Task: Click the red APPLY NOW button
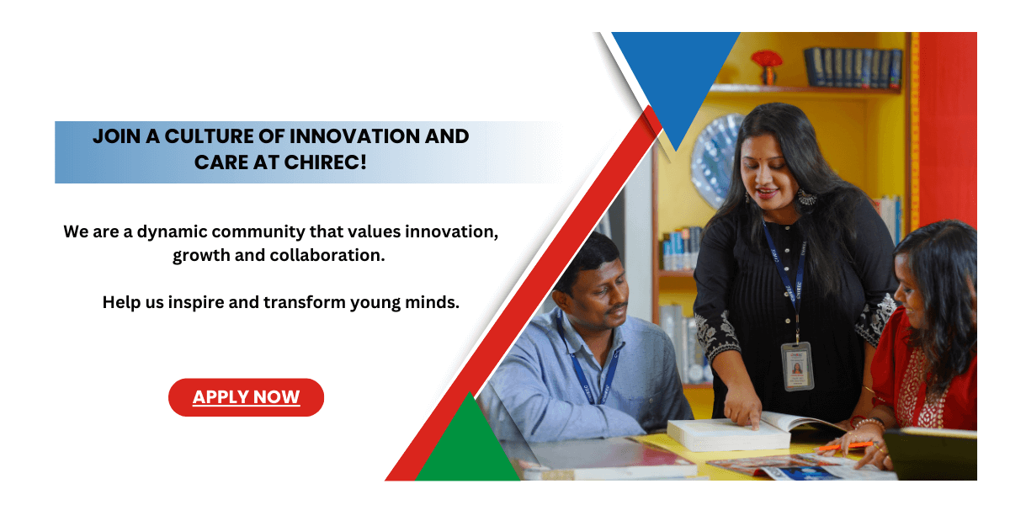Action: pyautogui.click(x=246, y=397)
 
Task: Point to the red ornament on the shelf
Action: pyautogui.click(x=766, y=62)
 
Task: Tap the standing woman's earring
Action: pyautogui.click(x=805, y=199)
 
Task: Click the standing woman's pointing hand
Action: pyautogui.click(x=744, y=412)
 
